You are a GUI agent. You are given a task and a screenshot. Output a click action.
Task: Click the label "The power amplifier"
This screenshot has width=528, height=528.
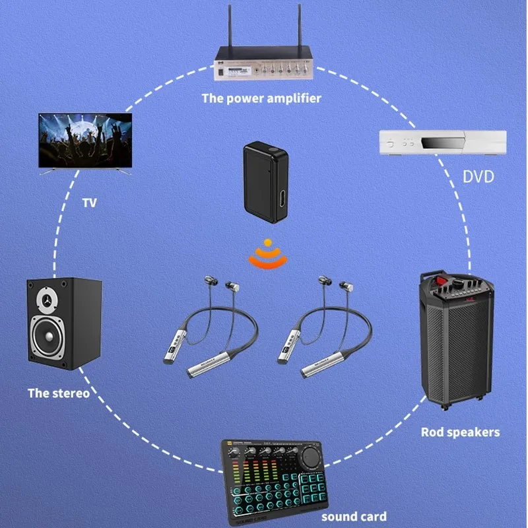pyautogui.click(x=262, y=98)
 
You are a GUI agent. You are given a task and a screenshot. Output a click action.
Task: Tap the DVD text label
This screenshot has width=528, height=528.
pyautogui.click(x=478, y=177)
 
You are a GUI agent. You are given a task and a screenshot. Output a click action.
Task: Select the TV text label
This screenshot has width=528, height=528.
pyautogui.click(x=90, y=203)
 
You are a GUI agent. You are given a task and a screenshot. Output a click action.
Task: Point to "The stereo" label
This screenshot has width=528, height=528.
pyautogui.click(x=58, y=393)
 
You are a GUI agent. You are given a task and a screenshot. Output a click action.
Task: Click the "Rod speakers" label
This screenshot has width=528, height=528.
pyautogui.click(x=460, y=433)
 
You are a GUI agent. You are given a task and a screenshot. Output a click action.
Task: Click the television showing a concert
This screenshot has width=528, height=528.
pyautogui.click(x=85, y=141)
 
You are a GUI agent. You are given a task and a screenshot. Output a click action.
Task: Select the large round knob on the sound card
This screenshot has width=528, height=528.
pyautogui.click(x=310, y=457)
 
